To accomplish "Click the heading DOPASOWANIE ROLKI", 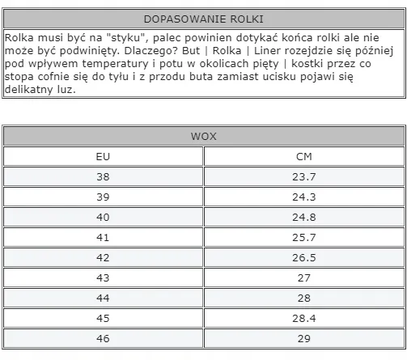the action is pos(203,19).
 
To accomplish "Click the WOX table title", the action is pos(203,136).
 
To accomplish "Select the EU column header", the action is pos(103,156).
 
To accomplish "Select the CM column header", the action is pos(304,156).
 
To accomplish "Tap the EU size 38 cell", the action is pos(103,176).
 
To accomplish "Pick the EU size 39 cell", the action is pos(103,197).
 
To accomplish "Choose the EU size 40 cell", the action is pos(103,217).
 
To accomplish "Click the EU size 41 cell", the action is pos(103,237).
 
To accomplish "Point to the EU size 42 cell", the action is pos(103,257).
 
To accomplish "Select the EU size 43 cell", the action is pos(103,277).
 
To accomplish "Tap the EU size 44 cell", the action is pos(103,298).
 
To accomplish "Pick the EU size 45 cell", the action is pos(103,318).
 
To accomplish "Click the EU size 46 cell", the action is pos(103,338).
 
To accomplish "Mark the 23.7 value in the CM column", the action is pos(304,176).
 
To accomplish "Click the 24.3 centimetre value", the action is pos(304,197).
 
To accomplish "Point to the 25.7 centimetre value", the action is pos(304,237).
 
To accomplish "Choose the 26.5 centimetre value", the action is pos(304,257).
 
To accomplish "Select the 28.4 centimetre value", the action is pos(304,318).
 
